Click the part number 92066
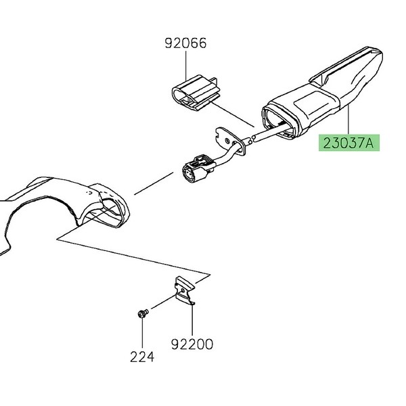point(185,44)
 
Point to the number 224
point(143,357)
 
